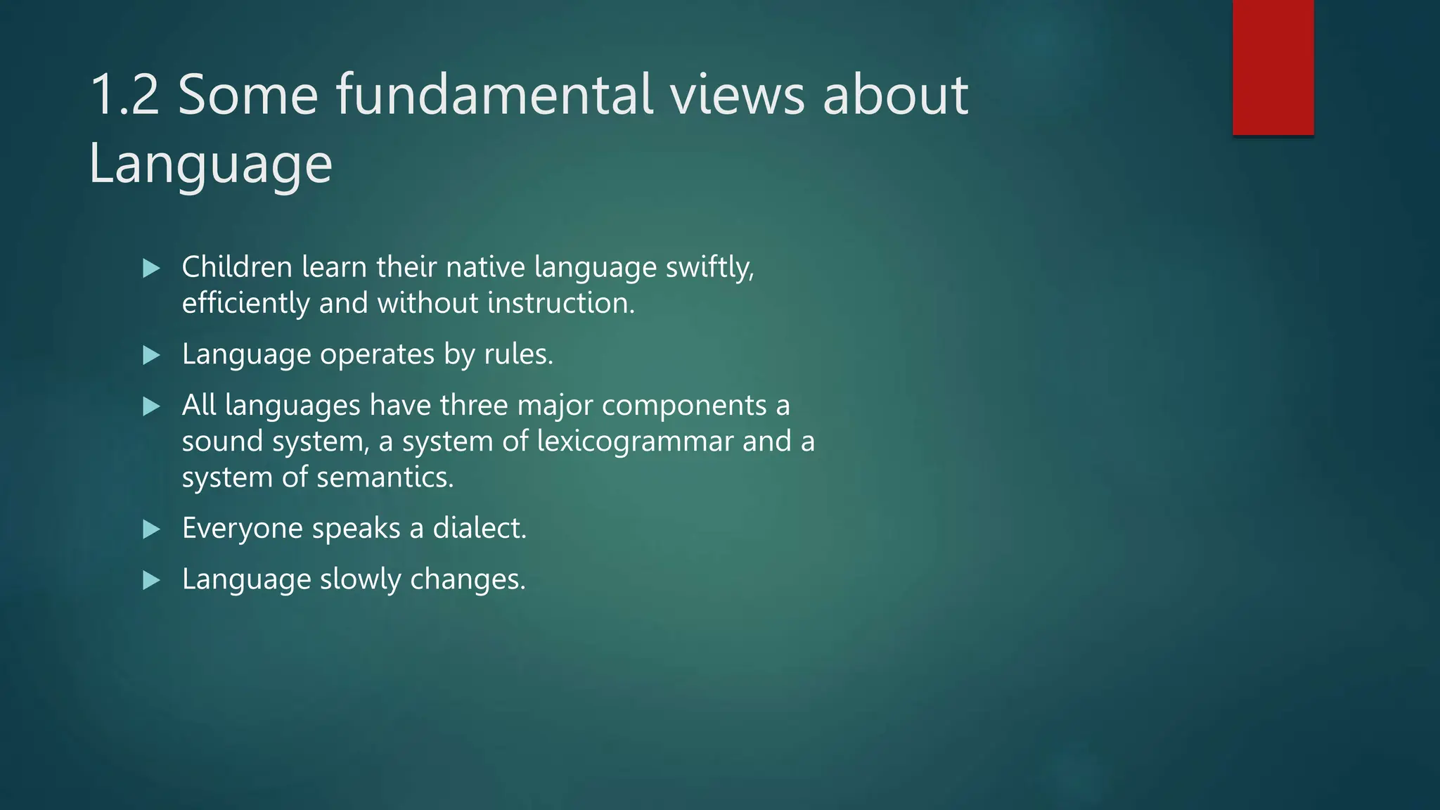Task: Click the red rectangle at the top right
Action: pos(1273,67)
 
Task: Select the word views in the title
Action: pos(737,95)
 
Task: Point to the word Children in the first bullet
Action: pos(237,267)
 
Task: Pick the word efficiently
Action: pos(245,303)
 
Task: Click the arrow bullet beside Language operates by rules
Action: pos(151,355)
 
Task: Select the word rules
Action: pos(518,354)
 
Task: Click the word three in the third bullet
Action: pos(473,406)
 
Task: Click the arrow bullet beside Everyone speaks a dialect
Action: pos(151,529)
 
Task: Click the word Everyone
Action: pos(243,528)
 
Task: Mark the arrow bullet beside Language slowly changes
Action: pos(151,580)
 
